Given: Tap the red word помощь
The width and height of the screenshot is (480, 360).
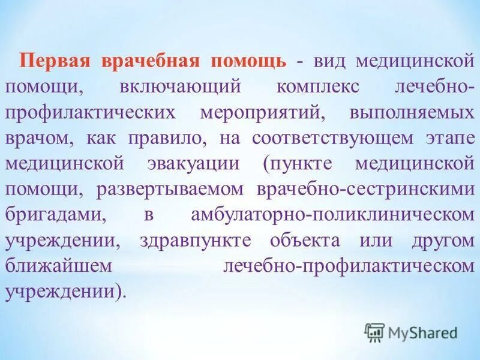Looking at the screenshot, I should point(248,61).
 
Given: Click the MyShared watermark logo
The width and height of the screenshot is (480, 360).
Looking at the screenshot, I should point(411,331).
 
